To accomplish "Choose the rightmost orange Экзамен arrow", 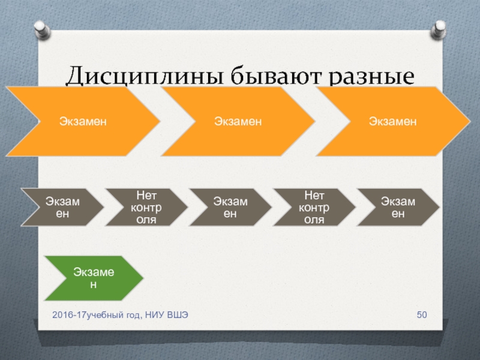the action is click(393, 121).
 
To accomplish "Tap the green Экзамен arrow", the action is click(93, 278).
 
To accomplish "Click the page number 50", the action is click(421, 316).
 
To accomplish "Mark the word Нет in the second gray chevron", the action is click(314, 195).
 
